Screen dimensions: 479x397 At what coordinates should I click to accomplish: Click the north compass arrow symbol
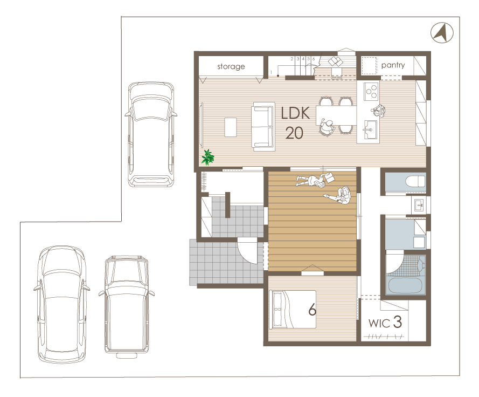442,32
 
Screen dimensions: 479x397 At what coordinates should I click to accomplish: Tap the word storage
231,67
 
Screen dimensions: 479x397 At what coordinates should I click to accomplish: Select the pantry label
393,65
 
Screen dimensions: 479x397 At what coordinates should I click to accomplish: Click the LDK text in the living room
295,113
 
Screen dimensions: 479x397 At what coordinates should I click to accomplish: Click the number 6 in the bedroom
312,310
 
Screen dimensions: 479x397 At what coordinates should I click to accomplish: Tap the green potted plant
208,157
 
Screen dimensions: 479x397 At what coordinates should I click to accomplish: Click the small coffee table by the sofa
231,127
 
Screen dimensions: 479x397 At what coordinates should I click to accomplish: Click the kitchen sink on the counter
370,129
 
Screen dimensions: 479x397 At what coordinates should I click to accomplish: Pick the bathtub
405,285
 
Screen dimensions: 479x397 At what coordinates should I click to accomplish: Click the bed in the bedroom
293,309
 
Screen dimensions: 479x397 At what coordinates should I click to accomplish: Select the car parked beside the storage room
151,134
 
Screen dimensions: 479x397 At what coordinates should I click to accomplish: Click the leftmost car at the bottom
62,304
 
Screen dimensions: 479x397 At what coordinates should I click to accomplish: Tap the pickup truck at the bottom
127,306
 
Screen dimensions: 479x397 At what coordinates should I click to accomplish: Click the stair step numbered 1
271,72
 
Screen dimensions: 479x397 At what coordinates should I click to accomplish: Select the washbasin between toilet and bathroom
419,205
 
